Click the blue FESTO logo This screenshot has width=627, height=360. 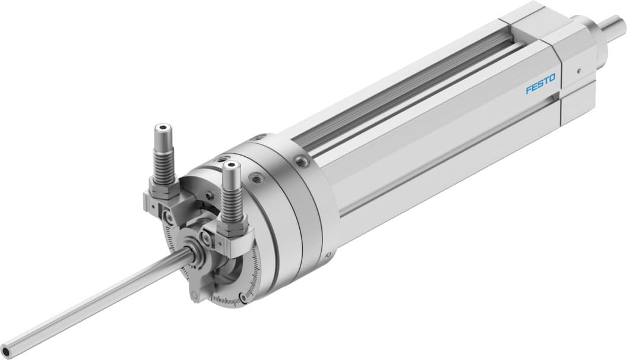pos(540,84)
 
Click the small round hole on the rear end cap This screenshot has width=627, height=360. pos(578,69)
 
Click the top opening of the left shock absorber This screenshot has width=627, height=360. pos(161,127)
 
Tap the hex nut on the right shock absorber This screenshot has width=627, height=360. pos(233,226)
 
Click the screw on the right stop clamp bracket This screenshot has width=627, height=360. pos(207,238)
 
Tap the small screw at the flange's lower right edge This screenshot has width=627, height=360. pos(327,256)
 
